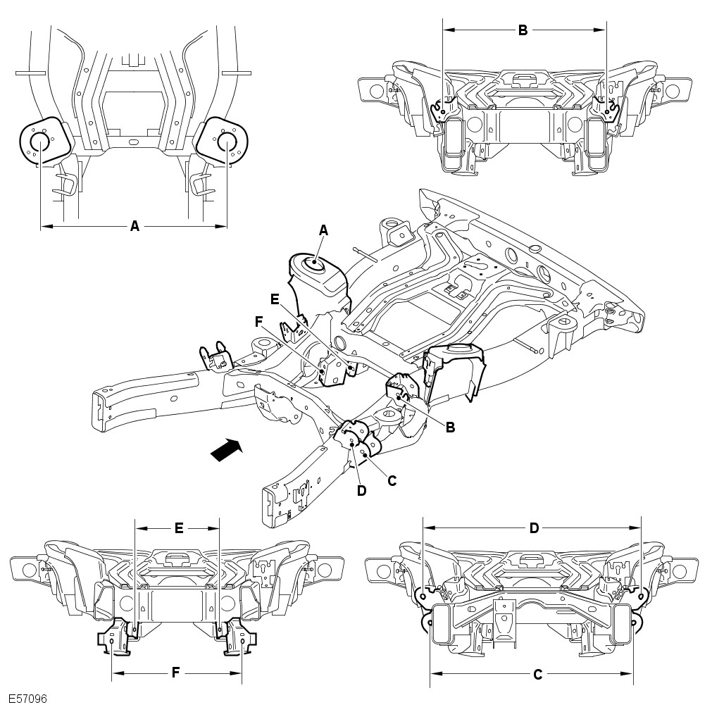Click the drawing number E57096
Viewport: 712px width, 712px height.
pyautogui.click(x=28, y=699)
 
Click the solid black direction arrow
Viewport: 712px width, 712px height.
pyautogui.click(x=227, y=450)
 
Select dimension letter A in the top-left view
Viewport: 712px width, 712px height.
pyautogui.click(x=135, y=225)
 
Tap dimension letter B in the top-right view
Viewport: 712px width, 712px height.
pyautogui.click(x=523, y=30)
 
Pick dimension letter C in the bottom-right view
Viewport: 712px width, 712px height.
pyautogui.click(x=537, y=675)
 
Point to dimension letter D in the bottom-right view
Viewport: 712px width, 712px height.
pyautogui.click(x=534, y=528)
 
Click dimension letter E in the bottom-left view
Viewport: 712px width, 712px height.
pyautogui.click(x=179, y=528)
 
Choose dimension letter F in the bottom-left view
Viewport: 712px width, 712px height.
pyautogui.click(x=176, y=673)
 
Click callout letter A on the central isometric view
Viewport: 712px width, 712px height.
pyautogui.click(x=323, y=231)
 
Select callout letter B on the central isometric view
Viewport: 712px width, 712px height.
pyautogui.click(x=451, y=427)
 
